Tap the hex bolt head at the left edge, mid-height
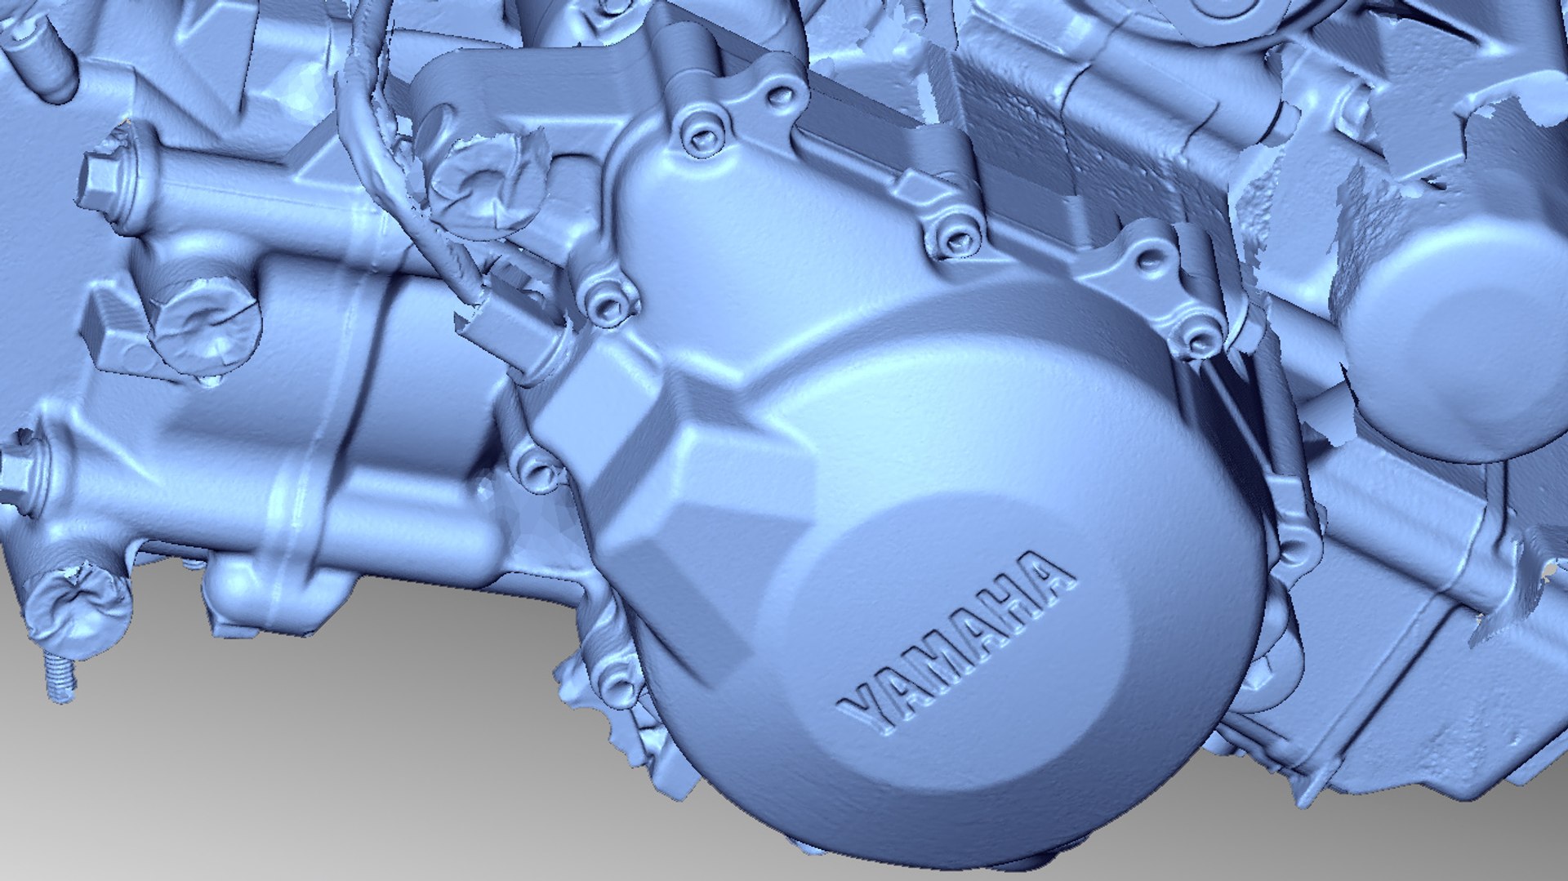[x=14, y=472]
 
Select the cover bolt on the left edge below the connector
[x=540, y=469]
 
